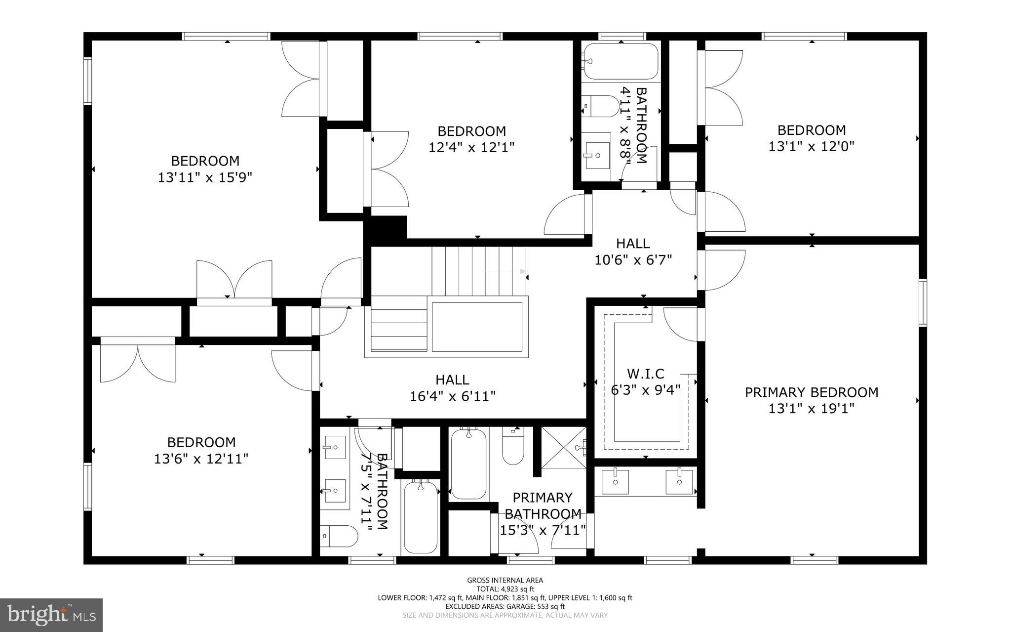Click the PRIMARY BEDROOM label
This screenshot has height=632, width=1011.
pos(812,392)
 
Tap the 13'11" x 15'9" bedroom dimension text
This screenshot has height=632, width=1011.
pos(205,177)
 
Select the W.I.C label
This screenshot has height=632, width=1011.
pos(645,374)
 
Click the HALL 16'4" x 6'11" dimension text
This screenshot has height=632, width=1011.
pos(452,396)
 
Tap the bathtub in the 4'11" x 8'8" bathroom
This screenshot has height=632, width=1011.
pos(621,61)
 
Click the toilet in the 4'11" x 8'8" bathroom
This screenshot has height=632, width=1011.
pos(599,106)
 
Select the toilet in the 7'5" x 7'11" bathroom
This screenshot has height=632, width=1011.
pos(339,536)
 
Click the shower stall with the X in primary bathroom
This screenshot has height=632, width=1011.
pos(563,447)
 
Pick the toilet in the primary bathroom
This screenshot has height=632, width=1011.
pos(513,445)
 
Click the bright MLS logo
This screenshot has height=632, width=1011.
pos(51,615)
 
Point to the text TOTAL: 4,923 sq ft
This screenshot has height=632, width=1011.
pos(505,589)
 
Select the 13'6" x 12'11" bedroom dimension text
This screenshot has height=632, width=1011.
pos(201,459)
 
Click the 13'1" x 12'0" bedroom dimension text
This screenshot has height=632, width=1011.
pos(811,146)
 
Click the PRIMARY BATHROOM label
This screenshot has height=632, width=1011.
pos(543,506)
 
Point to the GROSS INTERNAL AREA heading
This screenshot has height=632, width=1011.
pos(505,580)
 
